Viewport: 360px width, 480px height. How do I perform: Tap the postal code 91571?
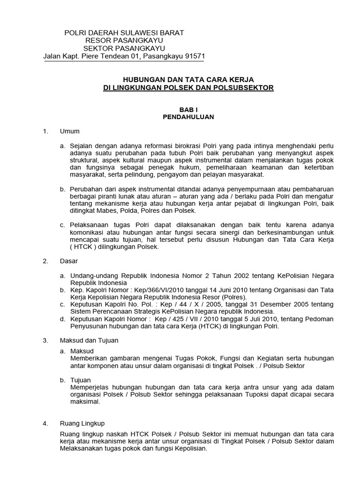tap(193, 56)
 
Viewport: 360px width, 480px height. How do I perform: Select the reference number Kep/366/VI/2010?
tap(143, 290)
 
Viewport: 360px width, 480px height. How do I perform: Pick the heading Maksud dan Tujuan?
tap(89, 340)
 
